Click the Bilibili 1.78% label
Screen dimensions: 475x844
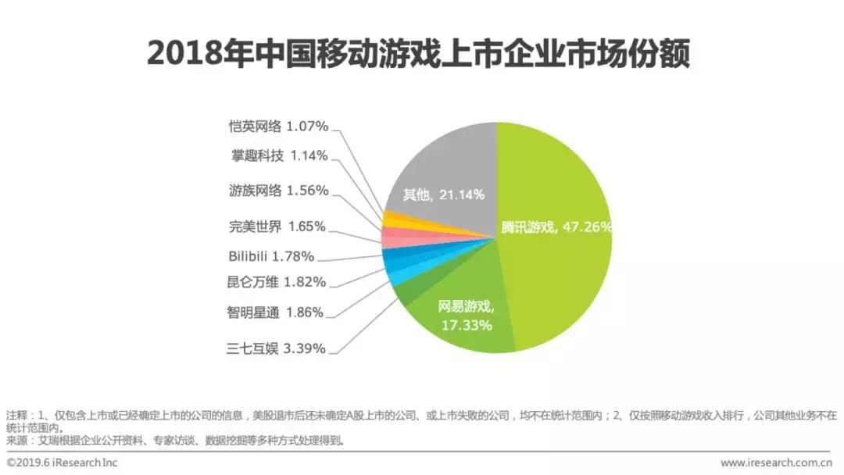pyautogui.click(x=271, y=255)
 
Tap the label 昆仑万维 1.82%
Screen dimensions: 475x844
pyautogui.click(x=275, y=282)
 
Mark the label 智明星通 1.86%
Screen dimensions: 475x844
pyautogui.click(x=275, y=312)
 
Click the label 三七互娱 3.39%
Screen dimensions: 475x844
pyautogui.click(x=275, y=348)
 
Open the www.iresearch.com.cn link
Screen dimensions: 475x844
pyautogui.click(x=778, y=462)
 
